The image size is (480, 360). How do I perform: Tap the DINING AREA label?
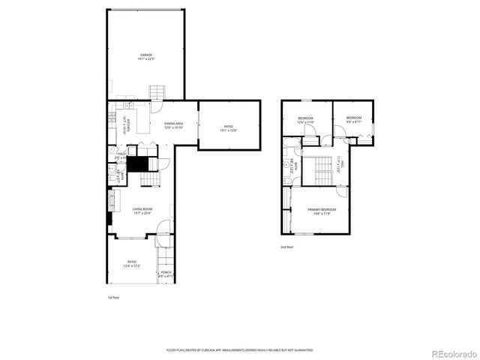click(x=174, y=125)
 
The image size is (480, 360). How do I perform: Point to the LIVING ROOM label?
click(x=142, y=211)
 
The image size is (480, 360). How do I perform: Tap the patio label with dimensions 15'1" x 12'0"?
click(x=229, y=128)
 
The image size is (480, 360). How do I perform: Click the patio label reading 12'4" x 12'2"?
click(x=131, y=264)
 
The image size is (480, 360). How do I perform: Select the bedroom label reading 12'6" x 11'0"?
click(x=305, y=120)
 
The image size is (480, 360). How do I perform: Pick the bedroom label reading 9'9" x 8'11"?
click(x=353, y=119)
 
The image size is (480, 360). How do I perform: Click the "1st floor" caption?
click(x=113, y=298)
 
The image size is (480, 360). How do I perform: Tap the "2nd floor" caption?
click(x=286, y=247)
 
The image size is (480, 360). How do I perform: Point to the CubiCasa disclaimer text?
click(x=239, y=350)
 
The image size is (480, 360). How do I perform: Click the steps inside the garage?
click(x=156, y=93)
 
